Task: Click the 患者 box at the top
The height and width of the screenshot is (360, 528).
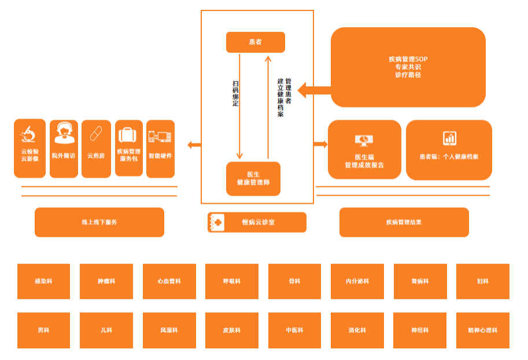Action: (x=256, y=42)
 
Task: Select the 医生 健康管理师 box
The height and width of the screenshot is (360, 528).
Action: (x=253, y=179)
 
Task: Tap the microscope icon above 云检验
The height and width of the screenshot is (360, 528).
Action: (x=28, y=134)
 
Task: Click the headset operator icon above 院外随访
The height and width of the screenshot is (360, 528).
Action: (x=64, y=133)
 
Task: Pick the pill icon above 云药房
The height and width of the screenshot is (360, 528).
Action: (x=96, y=134)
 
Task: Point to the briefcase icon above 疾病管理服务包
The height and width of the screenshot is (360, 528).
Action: (x=128, y=135)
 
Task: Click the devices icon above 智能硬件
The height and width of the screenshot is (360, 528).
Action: (x=160, y=137)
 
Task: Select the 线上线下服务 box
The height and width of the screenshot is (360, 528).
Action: (x=99, y=222)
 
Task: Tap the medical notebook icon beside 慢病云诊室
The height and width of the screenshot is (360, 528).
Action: (x=216, y=222)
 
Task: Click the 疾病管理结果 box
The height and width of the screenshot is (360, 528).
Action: (x=404, y=222)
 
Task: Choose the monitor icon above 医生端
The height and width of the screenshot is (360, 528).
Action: (x=364, y=140)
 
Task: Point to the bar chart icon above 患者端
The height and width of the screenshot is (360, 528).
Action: (x=449, y=138)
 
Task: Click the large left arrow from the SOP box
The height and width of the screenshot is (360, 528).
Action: (x=314, y=90)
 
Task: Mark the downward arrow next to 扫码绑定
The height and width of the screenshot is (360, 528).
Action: (x=239, y=106)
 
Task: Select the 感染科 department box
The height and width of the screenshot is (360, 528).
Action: (x=44, y=281)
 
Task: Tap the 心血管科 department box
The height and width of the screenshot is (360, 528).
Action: (x=169, y=281)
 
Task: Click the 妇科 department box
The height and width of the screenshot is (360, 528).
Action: (x=483, y=281)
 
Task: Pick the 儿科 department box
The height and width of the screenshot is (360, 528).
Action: (x=106, y=330)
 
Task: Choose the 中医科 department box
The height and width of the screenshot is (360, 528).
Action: (x=294, y=330)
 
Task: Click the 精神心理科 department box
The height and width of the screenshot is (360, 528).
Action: (x=483, y=330)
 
